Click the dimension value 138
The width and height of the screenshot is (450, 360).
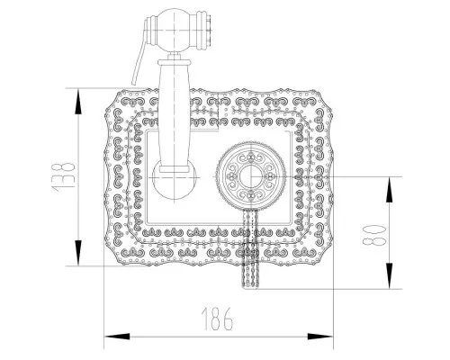[64, 177]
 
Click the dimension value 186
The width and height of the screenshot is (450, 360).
[217, 319]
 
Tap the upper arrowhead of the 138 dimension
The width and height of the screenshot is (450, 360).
[78, 102]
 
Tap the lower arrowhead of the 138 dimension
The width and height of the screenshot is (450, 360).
[78, 253]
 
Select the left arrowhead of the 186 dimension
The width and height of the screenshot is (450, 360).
[117, 337]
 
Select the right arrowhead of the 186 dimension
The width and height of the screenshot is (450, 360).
[320, 337]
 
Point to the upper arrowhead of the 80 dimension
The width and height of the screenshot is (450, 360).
[389, 190]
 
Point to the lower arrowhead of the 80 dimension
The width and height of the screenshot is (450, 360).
[389, 276]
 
